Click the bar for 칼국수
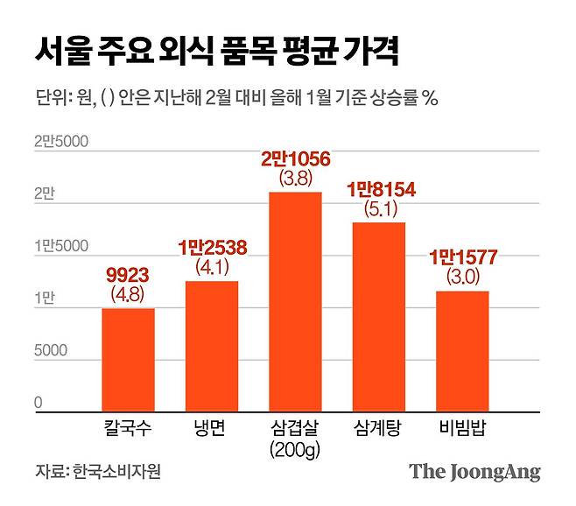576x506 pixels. pyautogui.click(x=128, y=360)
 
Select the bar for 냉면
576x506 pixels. pyautogui.click(x=212, y=346)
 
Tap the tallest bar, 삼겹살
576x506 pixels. pyautogui.click(x=295, y=301)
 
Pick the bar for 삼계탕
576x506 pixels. pyautogui.click(x=378, y=317)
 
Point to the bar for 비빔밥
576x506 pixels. pyautogui.click(x=462, y=351)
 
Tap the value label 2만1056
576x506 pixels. pyautogui.click(x=295, y=159)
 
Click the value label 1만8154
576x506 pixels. pyautogui.click(x=379, y=190)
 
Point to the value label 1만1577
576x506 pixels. pyautogui.click(x=462, y=258)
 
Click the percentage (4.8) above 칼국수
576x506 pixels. pyautogui.click(x=128, y=295)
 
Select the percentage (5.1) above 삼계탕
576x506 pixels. pyautogui.click(x=379, y=209)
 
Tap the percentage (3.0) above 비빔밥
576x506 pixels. pyautogui.click(x=462, y=278)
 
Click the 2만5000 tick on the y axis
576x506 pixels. pyautogui.click(x=61, y=141)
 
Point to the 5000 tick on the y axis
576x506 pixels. pyautogui.click(x=51, y=351)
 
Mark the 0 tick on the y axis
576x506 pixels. pyautogui.click(x=39, y=403)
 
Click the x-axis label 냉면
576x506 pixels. pyautogui.click(x=212, y=429)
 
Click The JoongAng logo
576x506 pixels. pyautogui.click(x=474, y=472)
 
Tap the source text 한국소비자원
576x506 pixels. pyautogui.click(x=117, y=471)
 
